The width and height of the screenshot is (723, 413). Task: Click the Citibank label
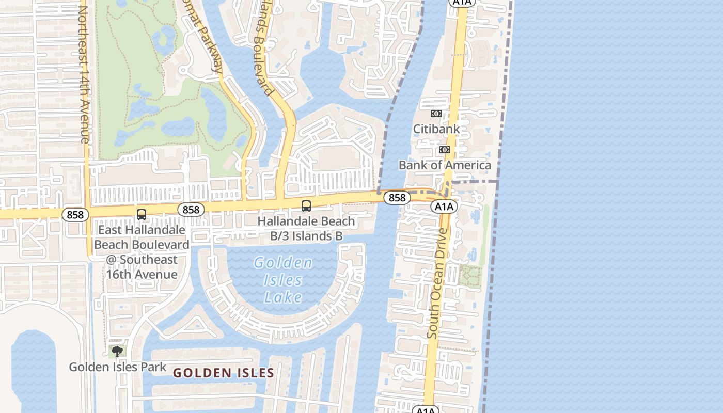[436, 129]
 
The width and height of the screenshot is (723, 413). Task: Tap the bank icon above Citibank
[436, 114]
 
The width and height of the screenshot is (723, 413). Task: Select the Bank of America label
[445, 165]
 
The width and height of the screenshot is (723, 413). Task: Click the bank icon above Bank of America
[444, 150]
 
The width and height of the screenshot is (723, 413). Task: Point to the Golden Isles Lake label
[283, 280]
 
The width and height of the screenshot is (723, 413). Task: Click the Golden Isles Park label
[118, 367]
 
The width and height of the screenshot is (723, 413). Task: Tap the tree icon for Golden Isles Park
[117, 352]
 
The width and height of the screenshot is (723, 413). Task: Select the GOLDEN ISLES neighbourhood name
[223, 373]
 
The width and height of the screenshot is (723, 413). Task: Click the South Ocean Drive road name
[437, 283]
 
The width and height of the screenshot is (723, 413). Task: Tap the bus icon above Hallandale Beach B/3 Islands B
[306, 206]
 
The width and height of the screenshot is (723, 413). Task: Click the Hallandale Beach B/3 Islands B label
[306, 228]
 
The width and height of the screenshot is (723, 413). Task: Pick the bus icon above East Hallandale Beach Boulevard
[141, 215]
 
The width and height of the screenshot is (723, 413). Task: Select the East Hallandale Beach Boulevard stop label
[142, 252]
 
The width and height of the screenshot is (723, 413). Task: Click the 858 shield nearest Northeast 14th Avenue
[75, 215]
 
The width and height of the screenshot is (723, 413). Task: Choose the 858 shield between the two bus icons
[191, 210]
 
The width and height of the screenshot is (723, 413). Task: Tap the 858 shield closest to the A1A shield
[397, 198]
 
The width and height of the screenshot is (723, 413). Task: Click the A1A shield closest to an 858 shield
[444, 207]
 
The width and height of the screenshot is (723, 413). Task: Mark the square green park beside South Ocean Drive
[470, 276]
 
